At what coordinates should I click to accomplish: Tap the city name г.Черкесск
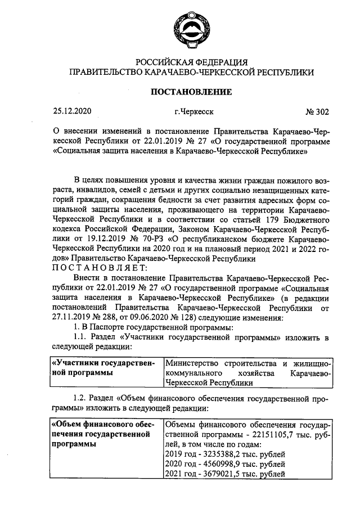click(193, 111)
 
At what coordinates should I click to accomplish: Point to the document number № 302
click(317, 111)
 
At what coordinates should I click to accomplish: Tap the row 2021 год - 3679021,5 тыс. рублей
click(225, 474)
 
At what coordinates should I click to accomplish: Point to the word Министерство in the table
click(193, 363)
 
